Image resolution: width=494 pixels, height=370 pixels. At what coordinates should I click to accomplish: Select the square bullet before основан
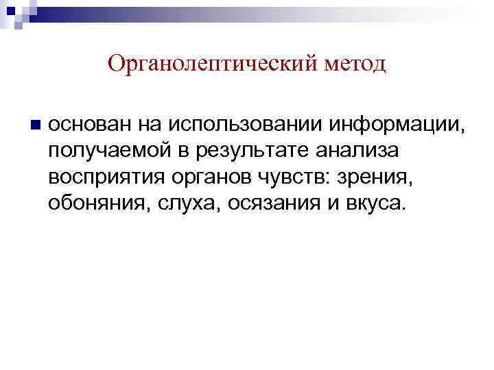(35, 125)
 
